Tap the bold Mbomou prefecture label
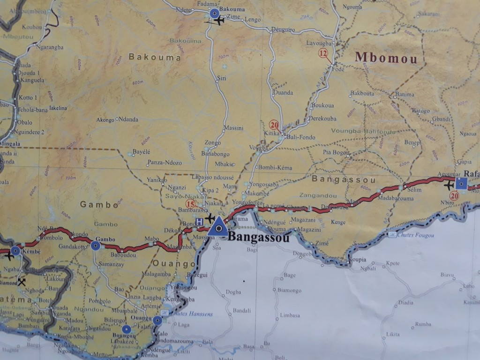pos(386,57)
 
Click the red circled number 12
pos(322,53)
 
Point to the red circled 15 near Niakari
pos(190,203)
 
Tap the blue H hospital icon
pos(199,221)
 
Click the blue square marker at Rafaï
pos(461,184)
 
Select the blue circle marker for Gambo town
pos(96,246)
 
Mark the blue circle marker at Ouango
pos(158,321)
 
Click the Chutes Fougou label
pos(415,235)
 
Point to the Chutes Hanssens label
pos(193,314)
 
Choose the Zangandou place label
pos(318,195)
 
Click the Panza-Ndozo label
pos(165,163)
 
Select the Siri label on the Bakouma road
pos(222,78)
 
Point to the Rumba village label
pos(423,324)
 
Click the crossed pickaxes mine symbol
pos(21,282)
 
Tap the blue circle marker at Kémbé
pos(15,251)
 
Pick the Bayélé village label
pos(141,152)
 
